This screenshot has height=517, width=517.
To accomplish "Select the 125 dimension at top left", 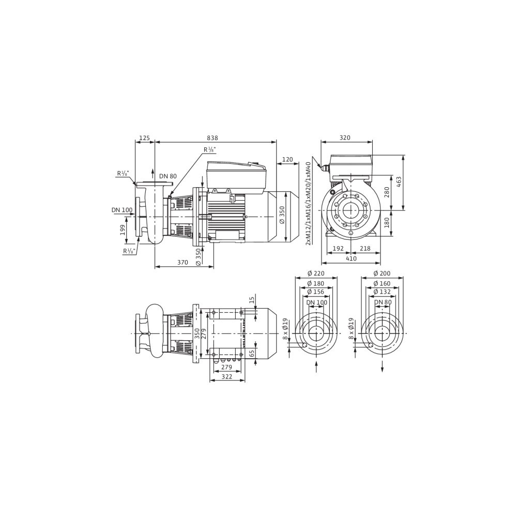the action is (x=145, y=138).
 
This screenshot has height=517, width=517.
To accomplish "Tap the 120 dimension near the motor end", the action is (x=287, y=160).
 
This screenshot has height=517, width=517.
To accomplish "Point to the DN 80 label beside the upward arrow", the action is (x=168, y=176).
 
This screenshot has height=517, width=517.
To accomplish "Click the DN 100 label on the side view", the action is (x=122, y=210).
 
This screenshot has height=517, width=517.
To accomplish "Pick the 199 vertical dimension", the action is (x=123, y=230).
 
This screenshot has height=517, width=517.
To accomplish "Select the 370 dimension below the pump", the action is (x=183, y=263).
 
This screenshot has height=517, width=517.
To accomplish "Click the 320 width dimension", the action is (x=345, y=138).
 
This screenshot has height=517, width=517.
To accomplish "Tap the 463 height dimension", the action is (x=399, y=183).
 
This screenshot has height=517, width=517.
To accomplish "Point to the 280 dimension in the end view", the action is (x=387, y=192).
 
